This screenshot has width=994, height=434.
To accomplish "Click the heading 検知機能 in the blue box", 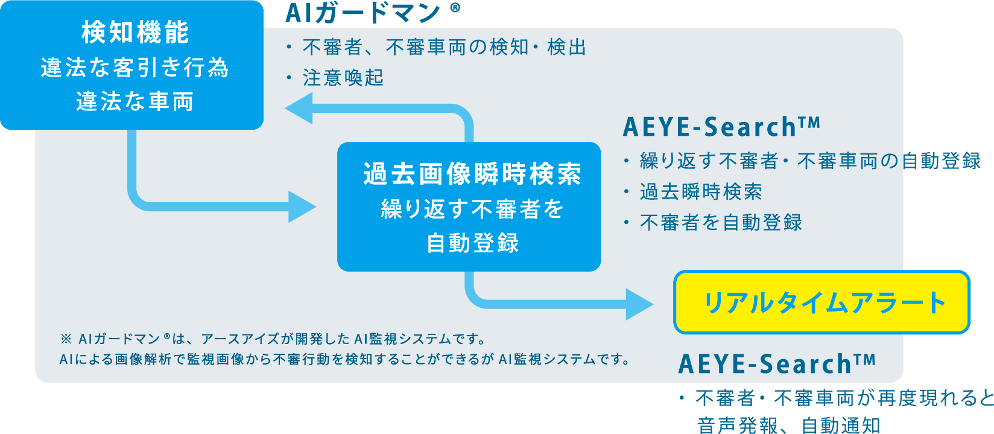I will tap(135, 33).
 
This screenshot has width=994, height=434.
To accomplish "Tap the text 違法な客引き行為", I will tap(135, 68).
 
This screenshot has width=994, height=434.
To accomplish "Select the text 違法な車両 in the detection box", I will tap(135, 101).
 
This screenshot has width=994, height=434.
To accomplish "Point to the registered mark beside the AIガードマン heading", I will tap(455, 8).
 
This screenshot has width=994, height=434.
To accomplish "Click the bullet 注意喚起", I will tap(343, 78).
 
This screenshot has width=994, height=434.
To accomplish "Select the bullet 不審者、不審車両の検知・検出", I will tap(444, 47).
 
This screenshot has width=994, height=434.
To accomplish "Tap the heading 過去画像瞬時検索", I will tap(472, 174).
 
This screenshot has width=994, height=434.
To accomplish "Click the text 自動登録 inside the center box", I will tap(472, 243).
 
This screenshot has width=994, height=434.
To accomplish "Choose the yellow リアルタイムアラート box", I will tap(821, 302).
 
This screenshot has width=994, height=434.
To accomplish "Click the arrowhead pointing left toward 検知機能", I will tap(299, 109).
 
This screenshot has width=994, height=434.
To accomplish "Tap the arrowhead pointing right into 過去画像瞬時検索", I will tap(302, 207).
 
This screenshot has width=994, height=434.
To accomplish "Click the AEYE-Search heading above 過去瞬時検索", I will tap(721, 127).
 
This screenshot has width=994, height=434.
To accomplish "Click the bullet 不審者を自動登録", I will tap(721, 223).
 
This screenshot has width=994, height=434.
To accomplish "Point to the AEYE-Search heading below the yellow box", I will tap(777, 364).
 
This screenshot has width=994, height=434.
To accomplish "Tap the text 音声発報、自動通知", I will tap(788, 426).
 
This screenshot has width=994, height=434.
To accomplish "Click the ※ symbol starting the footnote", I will tap(66, 339).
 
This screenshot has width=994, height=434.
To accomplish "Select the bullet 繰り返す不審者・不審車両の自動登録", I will tap(810, 161).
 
